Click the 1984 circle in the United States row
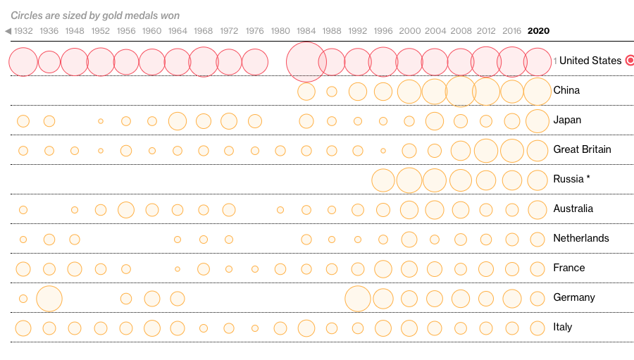point(306,61)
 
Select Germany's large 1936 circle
point(49,298)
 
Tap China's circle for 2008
point(461,91)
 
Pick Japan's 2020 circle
point(537,120)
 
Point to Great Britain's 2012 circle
point(486,150)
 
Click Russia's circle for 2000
point(409,180)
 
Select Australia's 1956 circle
point(126,209)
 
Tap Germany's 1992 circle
point(358,298)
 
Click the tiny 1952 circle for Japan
point(101,121)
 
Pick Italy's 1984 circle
point(306,328)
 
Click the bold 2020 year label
point(538,31)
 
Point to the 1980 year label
point(280,31)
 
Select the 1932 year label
point(23,31)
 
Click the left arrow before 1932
point(8,31)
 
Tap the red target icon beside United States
point(630,61)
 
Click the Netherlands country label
point(580,238)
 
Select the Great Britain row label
point(582,149)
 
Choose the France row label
point(568,268)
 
